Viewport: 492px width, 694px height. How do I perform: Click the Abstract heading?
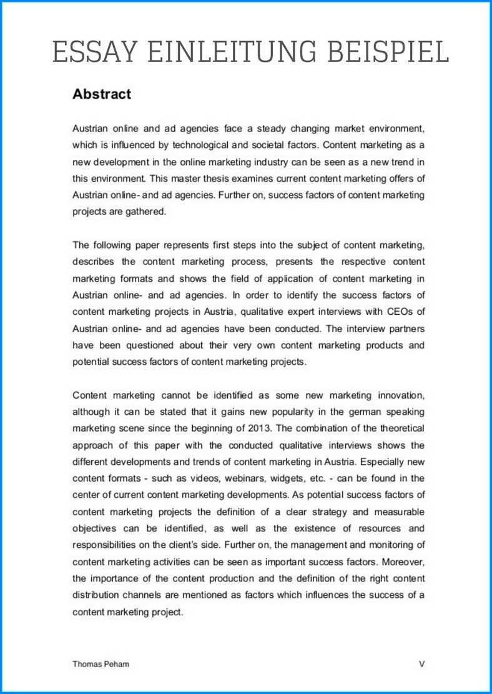[x=102, y=94]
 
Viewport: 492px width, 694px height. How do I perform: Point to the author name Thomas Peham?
[x=101, y=664]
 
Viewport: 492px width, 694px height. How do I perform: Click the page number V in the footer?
[x=421, y=664]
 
